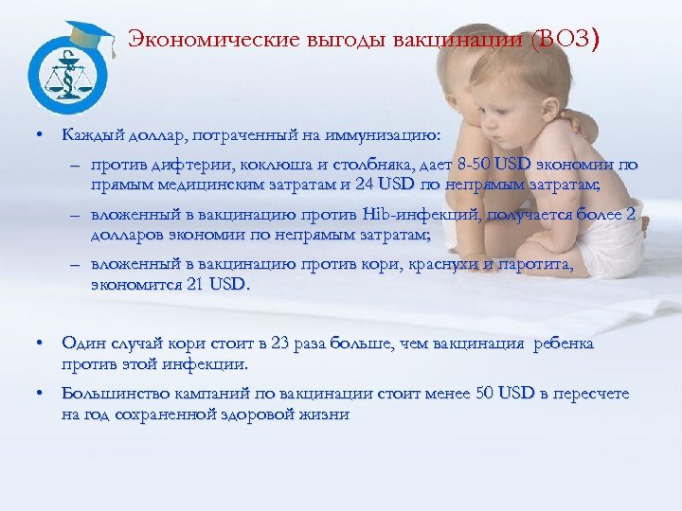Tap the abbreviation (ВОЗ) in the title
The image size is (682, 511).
click(565, 41)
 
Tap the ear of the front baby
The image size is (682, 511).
click(513, 102)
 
